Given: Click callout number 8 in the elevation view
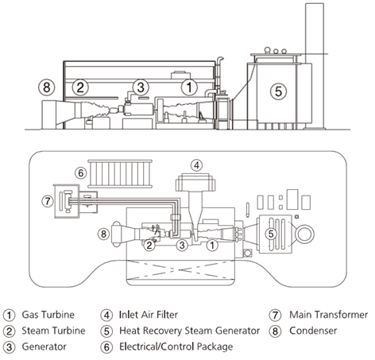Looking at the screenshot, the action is tap(47, 87).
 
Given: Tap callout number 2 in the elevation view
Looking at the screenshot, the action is tap(80, 87).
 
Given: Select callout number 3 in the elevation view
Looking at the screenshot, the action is tap(141, 87).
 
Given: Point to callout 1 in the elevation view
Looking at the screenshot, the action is tap(189, 87).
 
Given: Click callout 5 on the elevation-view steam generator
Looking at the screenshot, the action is tap(278, 91).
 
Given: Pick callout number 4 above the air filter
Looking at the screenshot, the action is tap(196, 165).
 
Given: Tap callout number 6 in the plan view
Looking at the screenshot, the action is tap(81, 173).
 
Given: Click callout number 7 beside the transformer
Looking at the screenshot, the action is tap(48, 201).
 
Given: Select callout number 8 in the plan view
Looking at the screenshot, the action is tap(103, 234).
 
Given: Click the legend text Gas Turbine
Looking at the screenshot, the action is tap(48, 315).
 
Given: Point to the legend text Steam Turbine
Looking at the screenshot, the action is tap(53, 331).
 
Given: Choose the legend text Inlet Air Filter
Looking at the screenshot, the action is tap(149, 315).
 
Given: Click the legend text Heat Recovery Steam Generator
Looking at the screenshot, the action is tap(189, 331).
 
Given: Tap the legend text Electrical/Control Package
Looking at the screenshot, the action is tap(176, 346).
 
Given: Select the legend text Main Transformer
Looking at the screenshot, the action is tap(328, 315).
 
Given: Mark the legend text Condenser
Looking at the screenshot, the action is tap(313, 331).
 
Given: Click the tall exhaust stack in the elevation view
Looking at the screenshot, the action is tap(315, 66).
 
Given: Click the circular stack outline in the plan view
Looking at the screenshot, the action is tap(304, 234).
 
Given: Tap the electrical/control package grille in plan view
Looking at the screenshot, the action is tap(120, 173).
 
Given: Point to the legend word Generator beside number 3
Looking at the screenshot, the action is tap(44, 346).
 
